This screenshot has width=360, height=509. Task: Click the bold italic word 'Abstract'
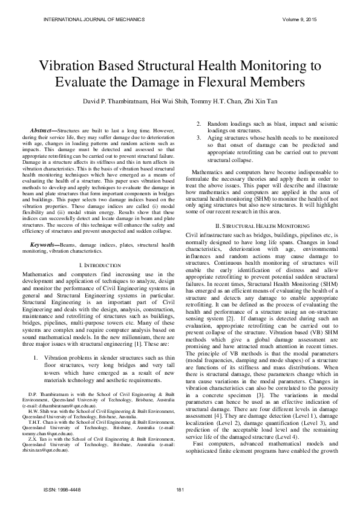pos(42,131)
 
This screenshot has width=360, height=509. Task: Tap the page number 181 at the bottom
pos(180,489)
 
